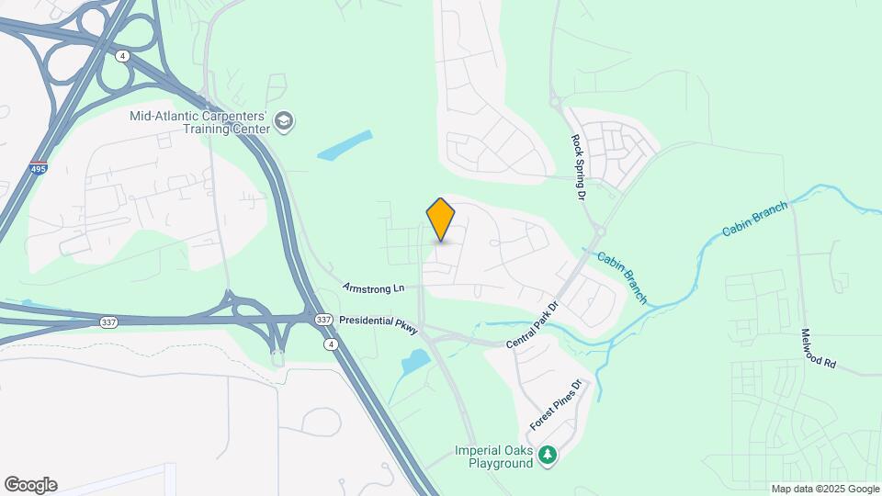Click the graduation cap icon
pyautogui.click(x=285, y=121)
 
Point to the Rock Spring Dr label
pyautogui.click(x=578, y=168)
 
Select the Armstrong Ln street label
pyautogui.click(x=373, y=288)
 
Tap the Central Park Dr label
pyautogui.click(x=532, y=326)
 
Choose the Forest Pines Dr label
pyautogui.click(x=557, y=406)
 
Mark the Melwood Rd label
pyautogui.click(x=818, y=349)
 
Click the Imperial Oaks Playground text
pyautogui.click(x=493, y=457)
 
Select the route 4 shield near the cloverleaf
pyautogui.click(x=122, y=56)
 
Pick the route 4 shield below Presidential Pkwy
pyautogui.click(x=328, y=344)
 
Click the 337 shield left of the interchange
pyautogui.click(x=107, y=321)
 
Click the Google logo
pyautogui.click(x=30, y=485)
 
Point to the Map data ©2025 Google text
pyautogui.click(x=825, y=489)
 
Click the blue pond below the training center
pyautogui.click(x=345, y=145)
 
